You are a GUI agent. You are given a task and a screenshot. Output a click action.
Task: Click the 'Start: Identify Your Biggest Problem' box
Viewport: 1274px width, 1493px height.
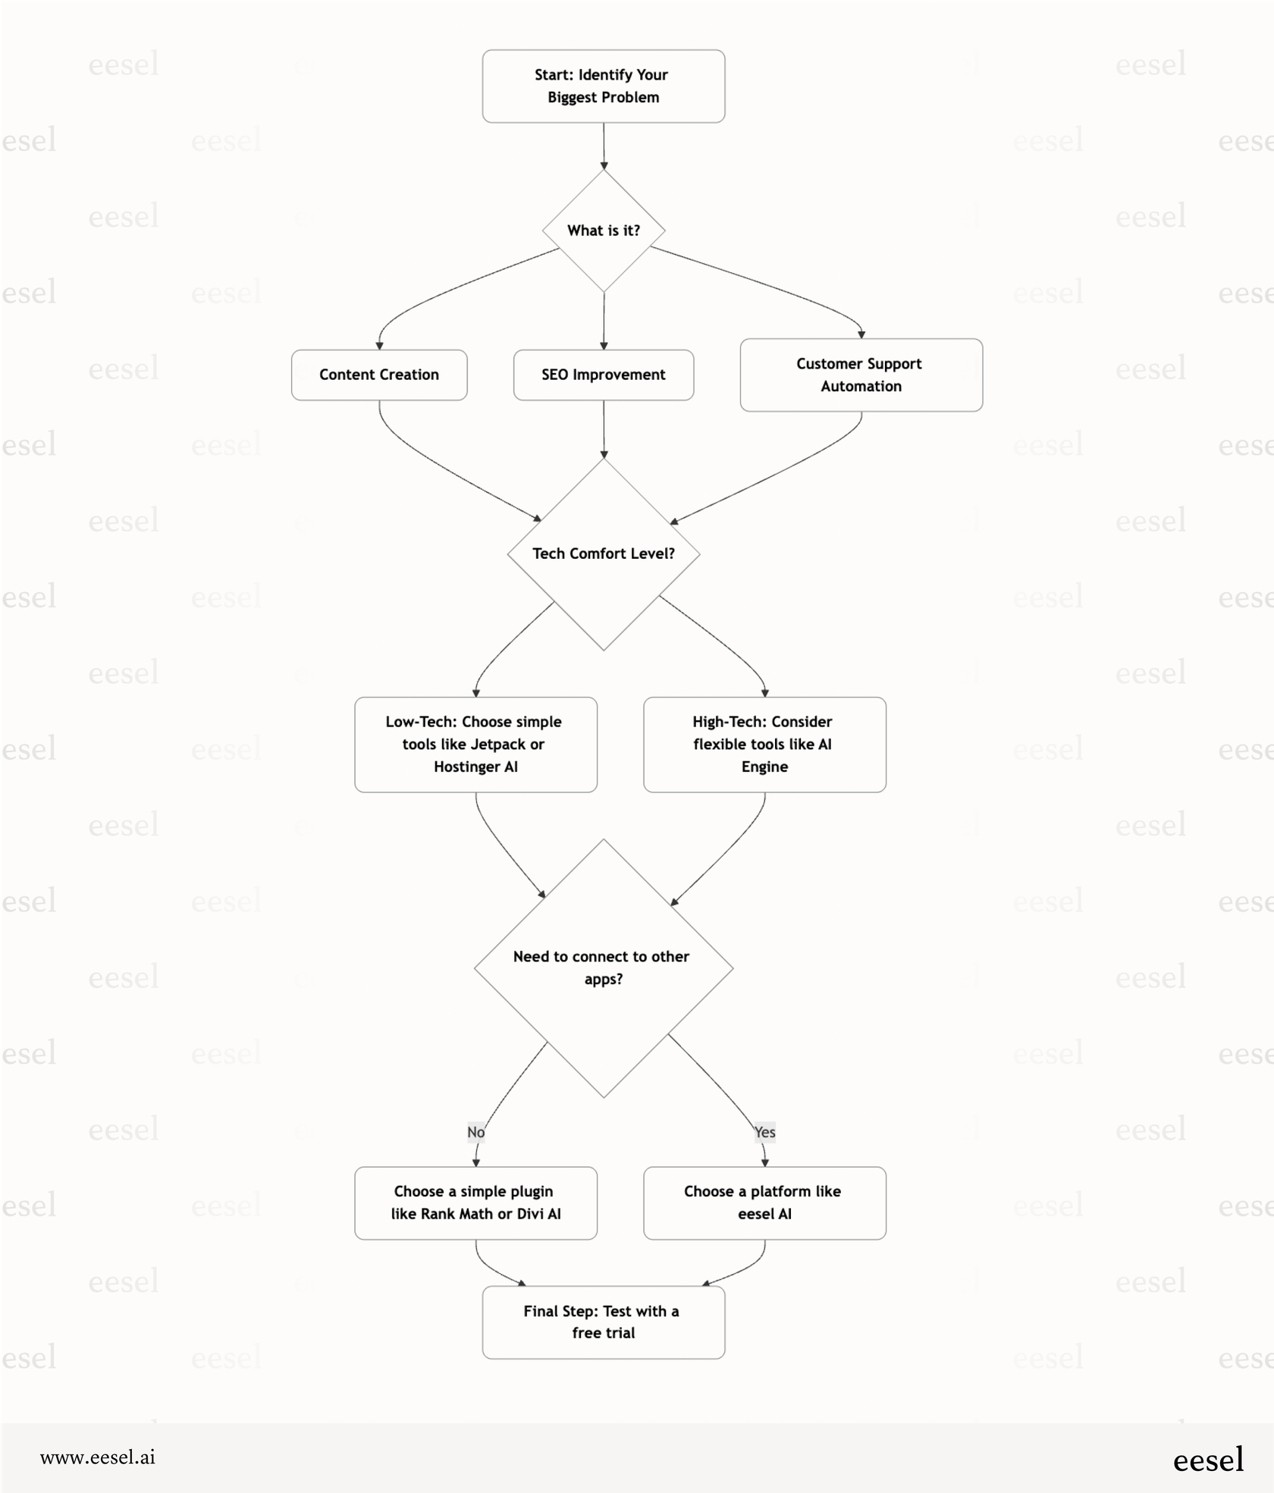(603, 86)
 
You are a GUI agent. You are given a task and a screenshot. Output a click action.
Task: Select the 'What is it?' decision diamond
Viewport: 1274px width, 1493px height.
(603, 231)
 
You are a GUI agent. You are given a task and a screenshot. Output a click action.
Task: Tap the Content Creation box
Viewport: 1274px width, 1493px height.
(378, 375)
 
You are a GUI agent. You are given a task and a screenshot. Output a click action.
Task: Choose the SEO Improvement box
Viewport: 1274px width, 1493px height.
(603, 375)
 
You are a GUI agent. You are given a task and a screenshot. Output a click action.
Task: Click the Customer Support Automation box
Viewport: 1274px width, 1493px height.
(861, 375)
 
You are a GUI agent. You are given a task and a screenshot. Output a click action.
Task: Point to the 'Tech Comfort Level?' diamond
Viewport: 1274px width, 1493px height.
(603, 554)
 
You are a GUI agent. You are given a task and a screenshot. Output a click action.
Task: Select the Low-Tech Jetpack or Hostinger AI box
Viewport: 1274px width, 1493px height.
(475, 744)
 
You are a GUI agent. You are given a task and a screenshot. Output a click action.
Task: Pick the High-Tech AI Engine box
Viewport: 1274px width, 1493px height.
(764, 744)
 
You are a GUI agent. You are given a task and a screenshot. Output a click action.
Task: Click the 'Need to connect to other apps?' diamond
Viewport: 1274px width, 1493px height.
(603, 968)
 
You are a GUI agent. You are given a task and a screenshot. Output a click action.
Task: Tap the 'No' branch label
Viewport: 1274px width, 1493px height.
(475, 1131)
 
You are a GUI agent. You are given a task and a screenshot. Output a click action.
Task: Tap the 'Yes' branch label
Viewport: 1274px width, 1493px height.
(764, 1131)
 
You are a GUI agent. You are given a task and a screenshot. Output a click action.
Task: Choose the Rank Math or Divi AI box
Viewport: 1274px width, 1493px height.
(475, 1203)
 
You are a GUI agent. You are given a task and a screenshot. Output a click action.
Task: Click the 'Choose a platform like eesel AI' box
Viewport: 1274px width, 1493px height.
(764, 1203)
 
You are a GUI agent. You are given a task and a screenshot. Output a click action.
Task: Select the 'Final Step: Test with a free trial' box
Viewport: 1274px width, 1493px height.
(603, 1322)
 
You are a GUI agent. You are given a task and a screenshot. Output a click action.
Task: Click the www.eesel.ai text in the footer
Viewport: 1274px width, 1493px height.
(98, 1457)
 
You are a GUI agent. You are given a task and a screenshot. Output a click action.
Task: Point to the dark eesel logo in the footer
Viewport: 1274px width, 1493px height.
(1208, 1460)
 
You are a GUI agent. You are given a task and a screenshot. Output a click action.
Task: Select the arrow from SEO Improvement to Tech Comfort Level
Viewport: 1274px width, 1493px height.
(604, 428)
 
